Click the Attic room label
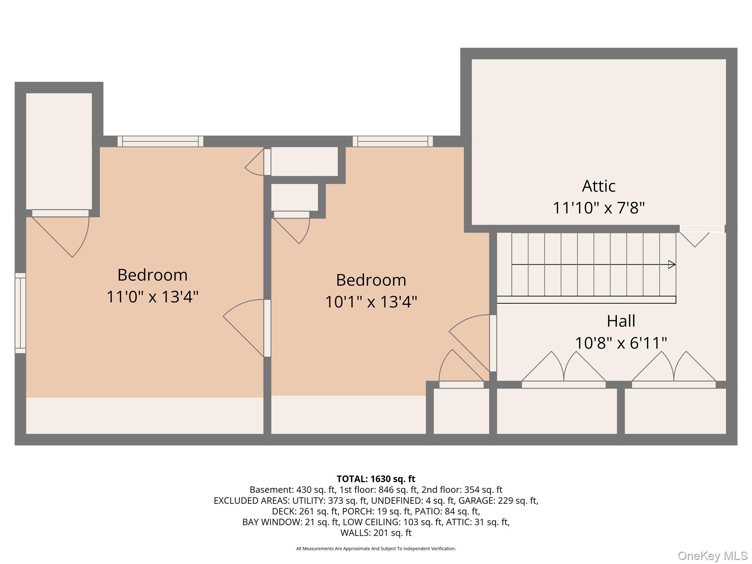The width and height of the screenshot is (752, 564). pyautogui.click(x=599, y=186)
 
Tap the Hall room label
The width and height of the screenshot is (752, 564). pyautogui.click(x=621, y=321)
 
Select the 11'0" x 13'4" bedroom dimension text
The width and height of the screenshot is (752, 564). pyautogui.click(x=152, y=297)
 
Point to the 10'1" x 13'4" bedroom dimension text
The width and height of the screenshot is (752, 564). pyautogui.click(x=371, y=302)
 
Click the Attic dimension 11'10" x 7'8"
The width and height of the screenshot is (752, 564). pyautogui.click(x=599, y=208)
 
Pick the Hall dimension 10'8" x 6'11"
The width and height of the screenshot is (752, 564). pyautogui.click(x=621, y=343)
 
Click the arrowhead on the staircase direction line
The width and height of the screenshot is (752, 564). pyautogui.click(x=672, y=264)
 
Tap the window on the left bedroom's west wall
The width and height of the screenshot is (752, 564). pyautogui.click(x=21, y=313)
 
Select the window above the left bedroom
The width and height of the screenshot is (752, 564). pyautogui.click(x=160, y=141)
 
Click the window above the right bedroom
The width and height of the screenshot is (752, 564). pyautogui.click(x=393, y=141)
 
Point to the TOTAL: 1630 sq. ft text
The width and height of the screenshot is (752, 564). pyautogui.click(x=376, y=479)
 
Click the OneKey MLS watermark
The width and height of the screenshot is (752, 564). pyautogui.click(x=712, y=556)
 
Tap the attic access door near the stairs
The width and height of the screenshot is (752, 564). pyautogui.click(x=702, y=229)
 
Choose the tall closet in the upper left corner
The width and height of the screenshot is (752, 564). pyautogui.click(x=59, y=151)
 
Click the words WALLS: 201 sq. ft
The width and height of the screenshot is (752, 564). pyautogui.click(x=376, y=532)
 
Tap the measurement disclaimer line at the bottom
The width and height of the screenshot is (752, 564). pyautogui.click(x=376, y=549)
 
